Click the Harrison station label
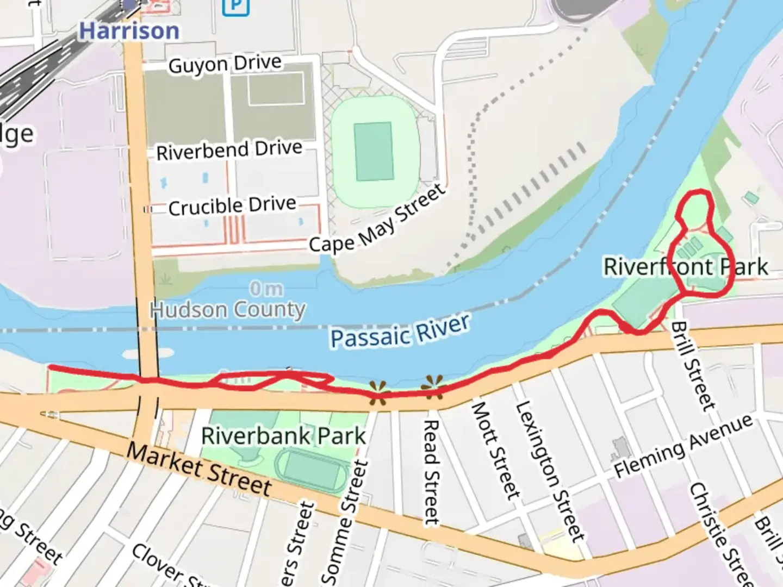point(129,31)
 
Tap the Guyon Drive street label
point(225,64)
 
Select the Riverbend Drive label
point(229,150)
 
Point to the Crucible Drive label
point(232,206)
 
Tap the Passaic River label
point(400,331)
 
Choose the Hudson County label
point(228,310)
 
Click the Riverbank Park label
point(283,436)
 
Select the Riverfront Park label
point(686,267)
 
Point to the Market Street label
point(199,470)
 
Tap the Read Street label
point(431,472)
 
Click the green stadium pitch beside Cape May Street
point(374,152)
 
